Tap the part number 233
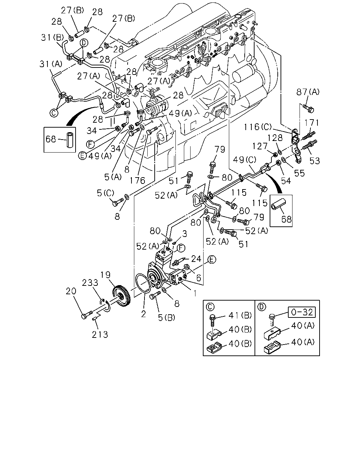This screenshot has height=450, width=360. click(90, 283)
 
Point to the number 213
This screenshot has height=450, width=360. click(100, 335)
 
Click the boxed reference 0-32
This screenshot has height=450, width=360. click(302, 313)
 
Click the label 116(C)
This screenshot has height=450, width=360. click(257, 127)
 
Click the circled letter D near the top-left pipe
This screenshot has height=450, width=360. click(84, 43)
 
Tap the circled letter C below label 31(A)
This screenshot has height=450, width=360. click(53, 113)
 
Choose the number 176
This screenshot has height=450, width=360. click(137, 180)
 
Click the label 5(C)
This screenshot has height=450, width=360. click(105, 193)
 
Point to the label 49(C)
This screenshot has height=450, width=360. click(245, 160)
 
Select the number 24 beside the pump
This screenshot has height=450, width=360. click(196, 259)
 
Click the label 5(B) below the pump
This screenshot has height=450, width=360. click(167, 318)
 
